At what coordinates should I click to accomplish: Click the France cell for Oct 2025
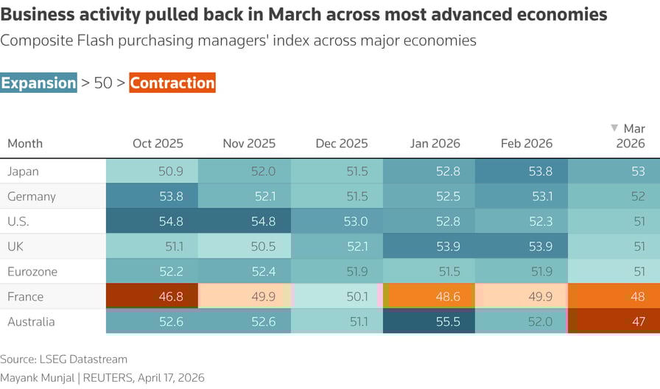pos(152,297)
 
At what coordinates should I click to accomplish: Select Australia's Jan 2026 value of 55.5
pos(429,322)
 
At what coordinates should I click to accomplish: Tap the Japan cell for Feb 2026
pos(522,172)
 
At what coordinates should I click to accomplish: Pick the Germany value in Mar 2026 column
pos(614,197)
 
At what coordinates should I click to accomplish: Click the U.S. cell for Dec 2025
pos(337,222)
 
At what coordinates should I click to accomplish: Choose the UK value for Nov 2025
pos(245,247)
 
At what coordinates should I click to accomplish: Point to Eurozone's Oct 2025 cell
pos(152,272)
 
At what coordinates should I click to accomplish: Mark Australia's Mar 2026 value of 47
pos(614,322)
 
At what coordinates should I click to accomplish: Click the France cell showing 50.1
pos(337,297)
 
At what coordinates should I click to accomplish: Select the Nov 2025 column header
pos(249,144)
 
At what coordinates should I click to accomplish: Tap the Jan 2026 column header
pos(435,144)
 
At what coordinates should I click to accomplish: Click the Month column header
pos(25,144)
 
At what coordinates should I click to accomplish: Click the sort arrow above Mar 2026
pos(615,128)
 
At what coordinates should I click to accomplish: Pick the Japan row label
pos(23,172)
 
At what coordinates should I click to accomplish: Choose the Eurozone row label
pos(32,272)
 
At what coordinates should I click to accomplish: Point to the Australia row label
pos(31,322)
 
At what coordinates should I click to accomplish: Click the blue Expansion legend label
pos(38,83)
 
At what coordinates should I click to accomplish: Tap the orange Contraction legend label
pos(172,83)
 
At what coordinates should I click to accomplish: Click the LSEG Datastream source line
pos(63,360)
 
